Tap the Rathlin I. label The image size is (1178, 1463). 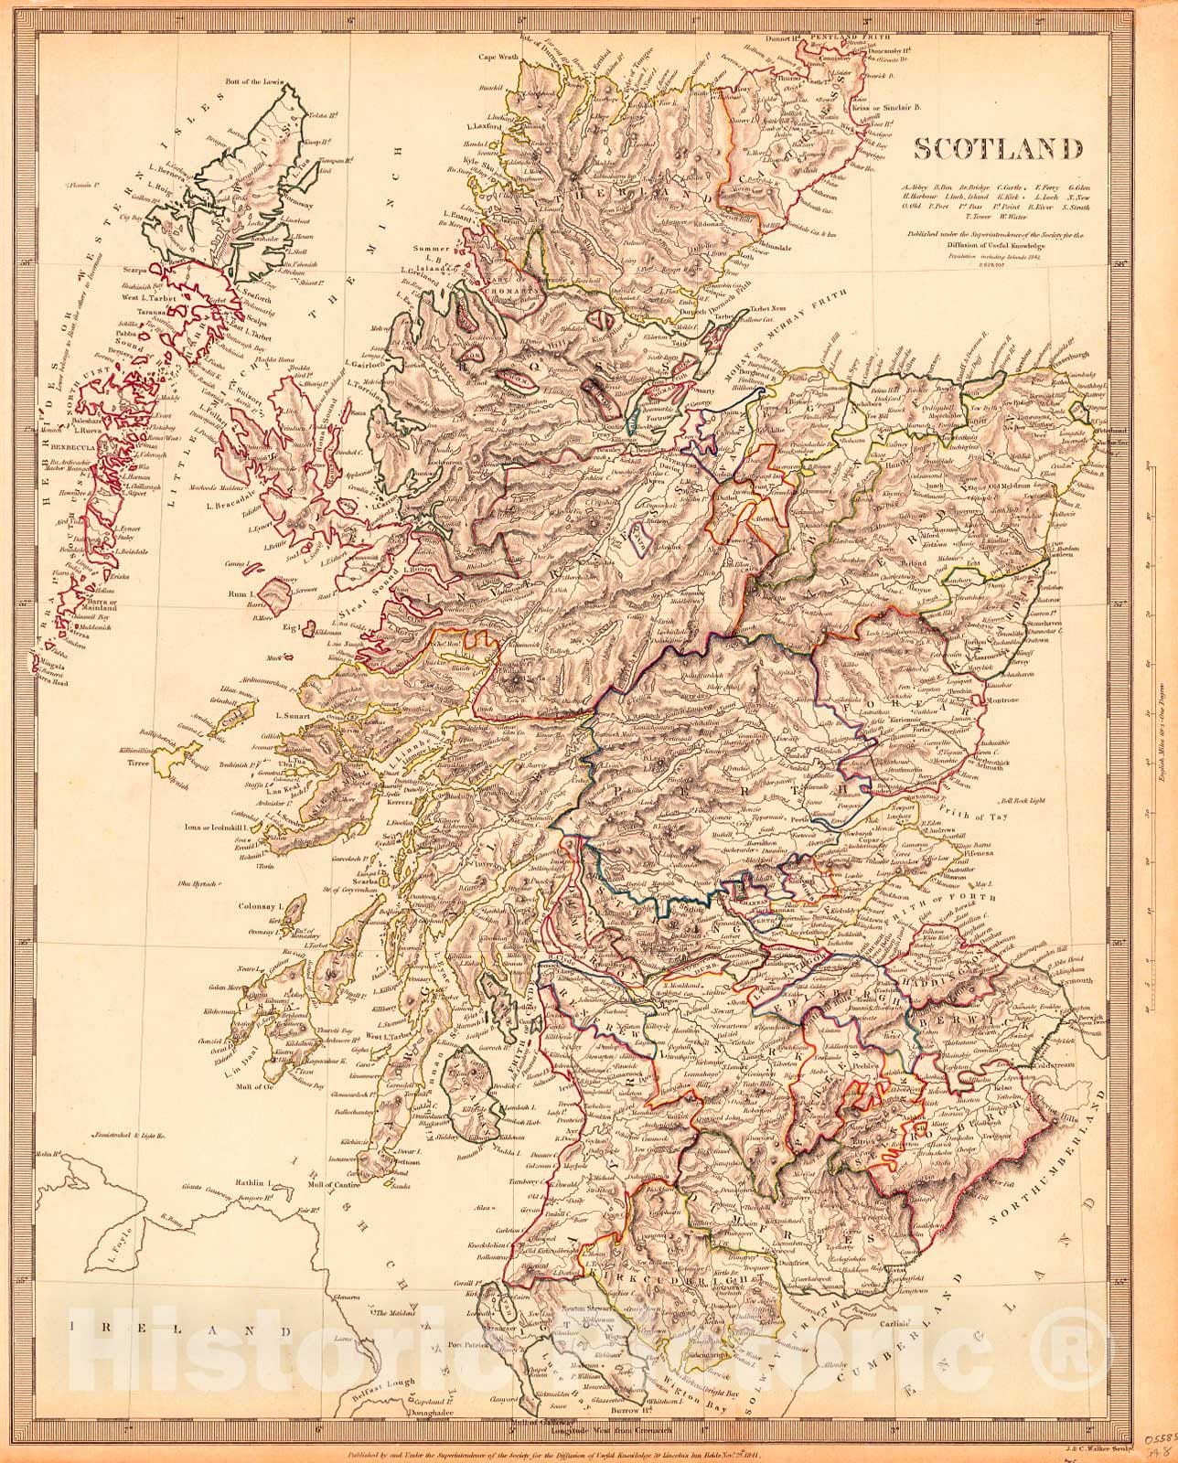tap(253, 1183)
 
